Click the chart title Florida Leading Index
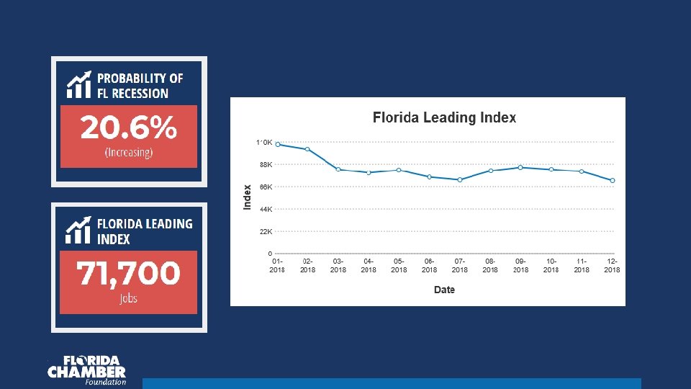[x=444, y=118]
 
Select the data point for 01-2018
[x=278, y=144]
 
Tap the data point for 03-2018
[x=338, y=169]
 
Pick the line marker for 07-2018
[x=459, y=179]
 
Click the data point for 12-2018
[x=612, y=180]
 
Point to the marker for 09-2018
[x=520, y=167]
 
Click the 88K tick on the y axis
[x=266, y=165]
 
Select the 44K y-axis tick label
[x=266, y=210]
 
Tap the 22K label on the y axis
[x=266, y=232]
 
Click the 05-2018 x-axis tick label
[x=399, y=265]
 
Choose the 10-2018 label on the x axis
[x=551, y=265]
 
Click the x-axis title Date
[x=444, y=290]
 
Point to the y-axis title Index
[x=248, y=197]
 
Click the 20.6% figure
[x=128, y=129]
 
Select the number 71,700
[x=128, y=274]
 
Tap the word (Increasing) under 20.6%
[x=128, y=153]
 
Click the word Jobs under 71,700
[x=128, y=299]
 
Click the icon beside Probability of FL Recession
[x=78, y=85]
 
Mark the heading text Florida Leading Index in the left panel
[x=145, y=231]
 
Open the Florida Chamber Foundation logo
[x=87, y=370]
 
